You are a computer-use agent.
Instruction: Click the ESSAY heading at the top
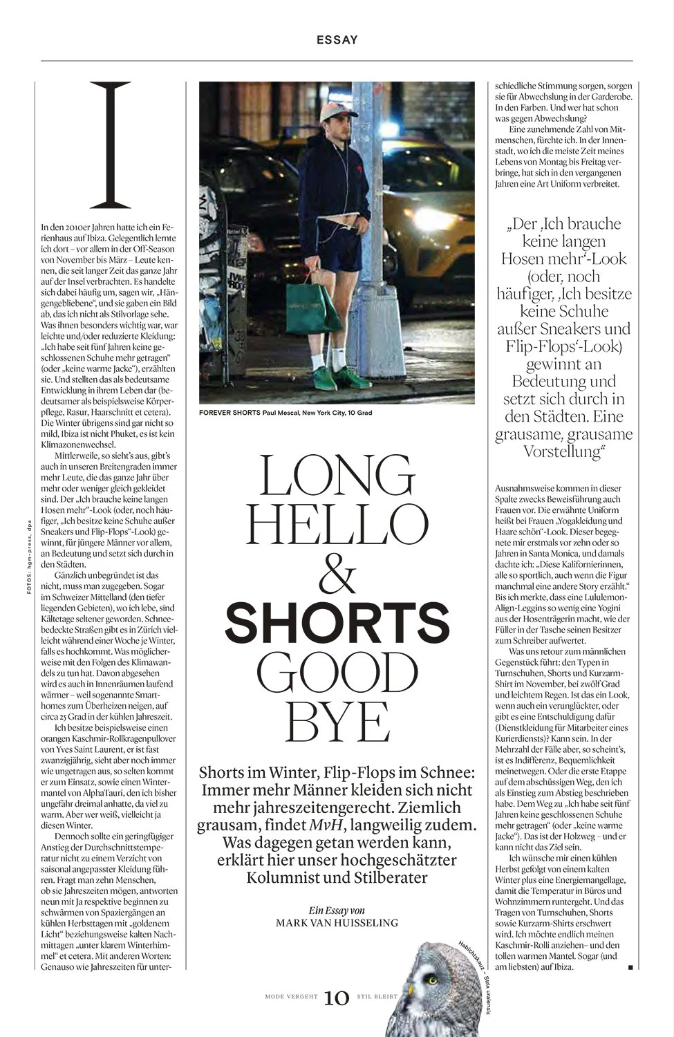pos(337,39)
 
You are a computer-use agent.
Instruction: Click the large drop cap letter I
pos(109,144)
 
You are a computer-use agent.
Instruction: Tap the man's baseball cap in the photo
pos(335,111)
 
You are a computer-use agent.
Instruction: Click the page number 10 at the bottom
pos(337,998)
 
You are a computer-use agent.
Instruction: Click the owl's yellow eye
pos(433,980)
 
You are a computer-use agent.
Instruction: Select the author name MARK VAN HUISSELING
pos(337,922)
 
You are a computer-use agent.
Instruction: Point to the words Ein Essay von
pos(337,910)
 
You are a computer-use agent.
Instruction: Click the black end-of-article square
pos(630,967)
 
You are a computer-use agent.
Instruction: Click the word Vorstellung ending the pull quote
pos(563,451)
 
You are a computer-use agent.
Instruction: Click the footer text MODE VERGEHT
pos(291,997)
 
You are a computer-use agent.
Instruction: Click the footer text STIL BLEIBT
pos(377,997)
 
